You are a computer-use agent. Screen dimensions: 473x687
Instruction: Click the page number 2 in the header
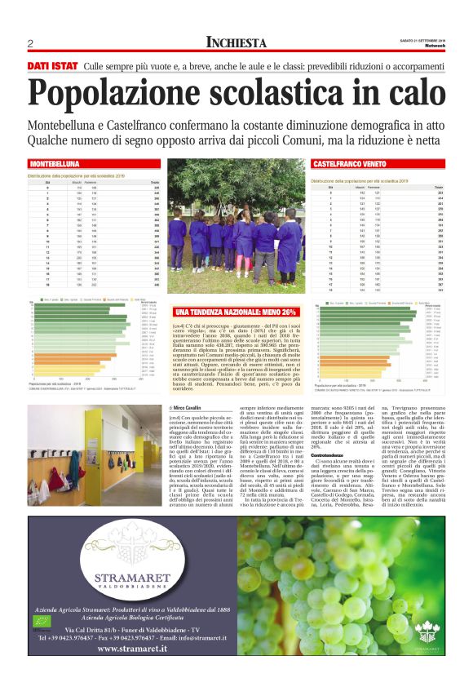coord(30,43)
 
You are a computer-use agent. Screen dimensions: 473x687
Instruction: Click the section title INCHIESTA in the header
coord(236,42)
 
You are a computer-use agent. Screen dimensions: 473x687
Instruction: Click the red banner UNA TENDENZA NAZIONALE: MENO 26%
coord(236,312)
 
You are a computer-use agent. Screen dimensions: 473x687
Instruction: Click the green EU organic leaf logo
coord(40,631)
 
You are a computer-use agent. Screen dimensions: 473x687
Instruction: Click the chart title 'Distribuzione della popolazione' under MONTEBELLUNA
coord(76,175)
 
